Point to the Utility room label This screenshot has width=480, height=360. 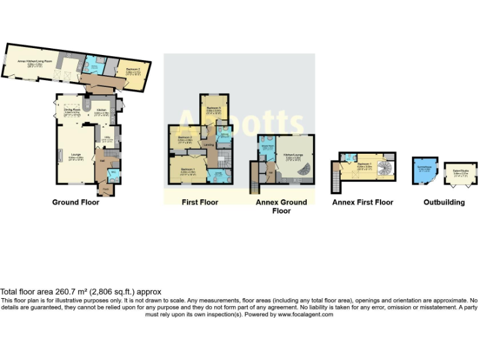[x=107, y=139]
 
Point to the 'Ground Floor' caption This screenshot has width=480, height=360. [x=75, y=202]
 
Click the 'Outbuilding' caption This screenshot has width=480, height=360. [x=444, y=202]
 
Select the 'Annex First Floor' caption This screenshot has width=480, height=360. [x=362, y=202]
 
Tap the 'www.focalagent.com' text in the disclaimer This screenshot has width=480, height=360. [x=305, y=314]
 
